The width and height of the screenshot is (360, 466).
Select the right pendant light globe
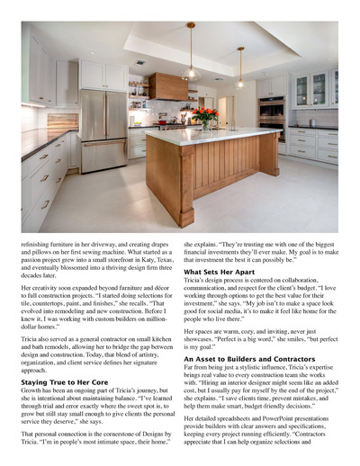point(240,79)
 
